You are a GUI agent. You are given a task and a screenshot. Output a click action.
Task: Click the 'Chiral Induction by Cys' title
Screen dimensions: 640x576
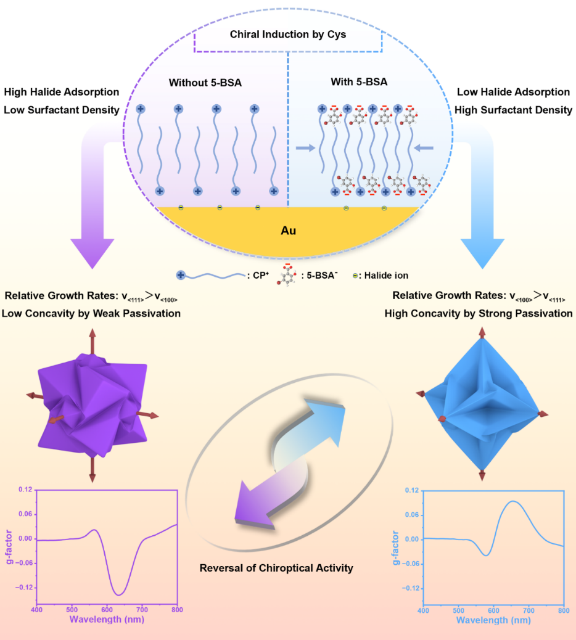(x=288, y=35)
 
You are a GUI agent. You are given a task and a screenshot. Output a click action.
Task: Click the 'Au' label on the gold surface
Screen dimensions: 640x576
(x=288, y=232)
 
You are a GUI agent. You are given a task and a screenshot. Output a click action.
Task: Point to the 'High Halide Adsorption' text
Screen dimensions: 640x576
(x=62, y=92)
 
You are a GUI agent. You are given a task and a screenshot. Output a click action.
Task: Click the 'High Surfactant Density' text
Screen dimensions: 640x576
(x=514, y=110)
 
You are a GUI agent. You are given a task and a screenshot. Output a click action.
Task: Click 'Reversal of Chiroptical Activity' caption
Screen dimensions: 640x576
(x=276, y=567)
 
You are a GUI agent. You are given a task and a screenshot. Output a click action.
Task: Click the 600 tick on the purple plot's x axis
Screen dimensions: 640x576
(x=107, y=609)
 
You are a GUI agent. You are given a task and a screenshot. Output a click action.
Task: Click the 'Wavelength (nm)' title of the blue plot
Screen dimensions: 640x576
(x=493, y=620)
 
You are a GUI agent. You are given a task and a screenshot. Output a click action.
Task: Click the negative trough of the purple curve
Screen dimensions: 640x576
(x=118, y=594)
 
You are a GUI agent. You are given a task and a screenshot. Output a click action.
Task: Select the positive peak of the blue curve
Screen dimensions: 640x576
(x=514, y=501)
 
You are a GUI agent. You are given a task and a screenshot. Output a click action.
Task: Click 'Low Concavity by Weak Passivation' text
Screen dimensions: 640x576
(x=91, y=313)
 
